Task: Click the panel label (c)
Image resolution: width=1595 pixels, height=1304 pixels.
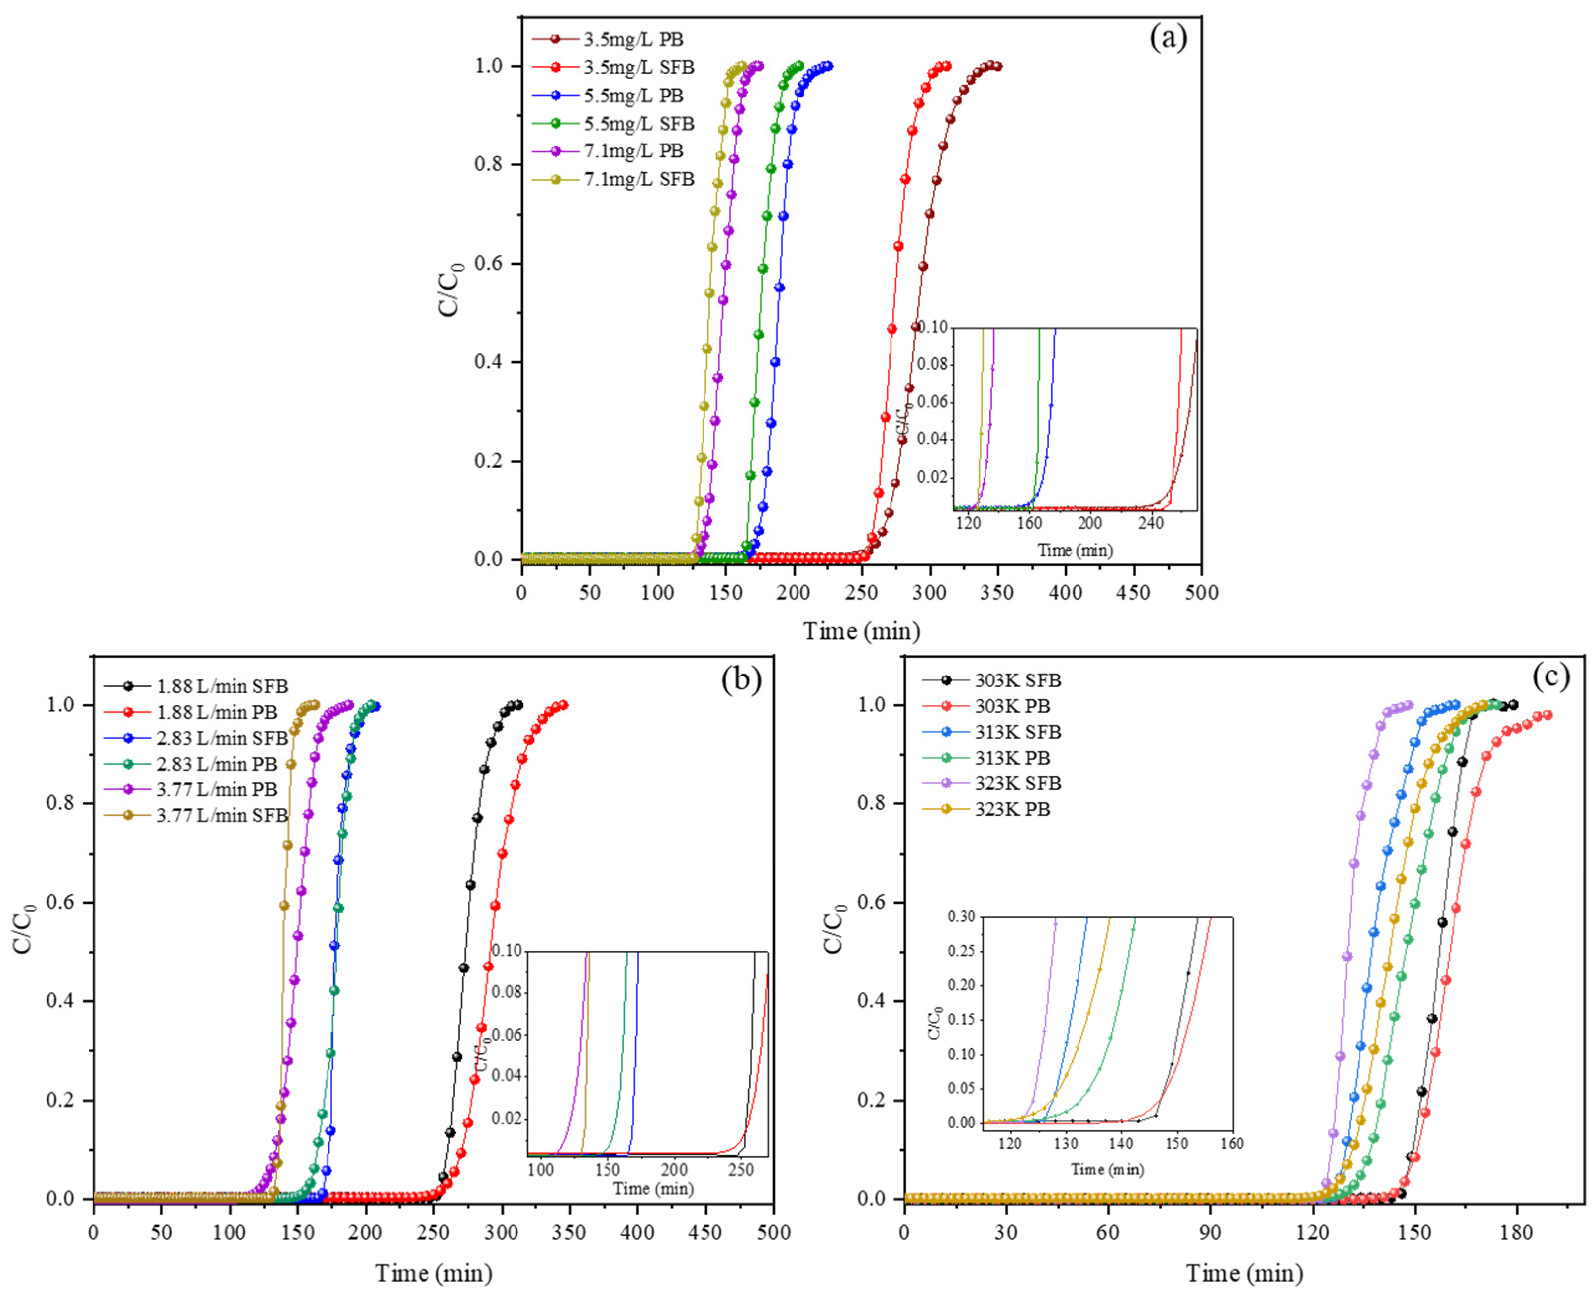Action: (1550, 677)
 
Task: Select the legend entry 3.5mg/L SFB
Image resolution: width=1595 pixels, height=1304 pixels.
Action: (638, 68)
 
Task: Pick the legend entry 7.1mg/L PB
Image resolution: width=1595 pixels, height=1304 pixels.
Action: (633, 151)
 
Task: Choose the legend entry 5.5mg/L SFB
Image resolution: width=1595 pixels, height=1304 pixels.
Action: (638, 123)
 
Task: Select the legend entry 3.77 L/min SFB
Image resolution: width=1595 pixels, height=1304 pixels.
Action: (222, 815)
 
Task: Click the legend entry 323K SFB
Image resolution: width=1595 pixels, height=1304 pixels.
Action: (1018, 783)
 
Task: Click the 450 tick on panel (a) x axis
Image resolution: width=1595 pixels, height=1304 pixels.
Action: (1133, 593)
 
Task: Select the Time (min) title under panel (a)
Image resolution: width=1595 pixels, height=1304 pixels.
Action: (861, 630)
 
